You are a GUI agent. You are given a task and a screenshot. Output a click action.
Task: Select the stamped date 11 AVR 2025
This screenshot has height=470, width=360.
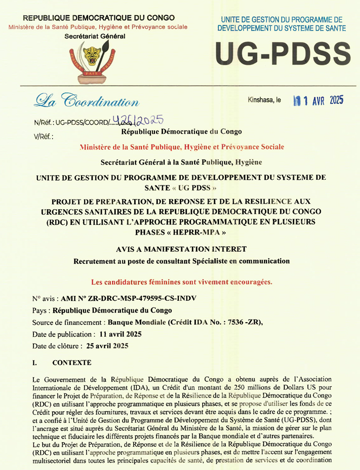[318, 100]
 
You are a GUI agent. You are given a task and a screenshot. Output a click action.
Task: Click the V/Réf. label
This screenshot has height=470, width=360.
[43, 136]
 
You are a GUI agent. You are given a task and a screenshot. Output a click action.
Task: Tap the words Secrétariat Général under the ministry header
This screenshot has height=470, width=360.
[95, 36]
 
